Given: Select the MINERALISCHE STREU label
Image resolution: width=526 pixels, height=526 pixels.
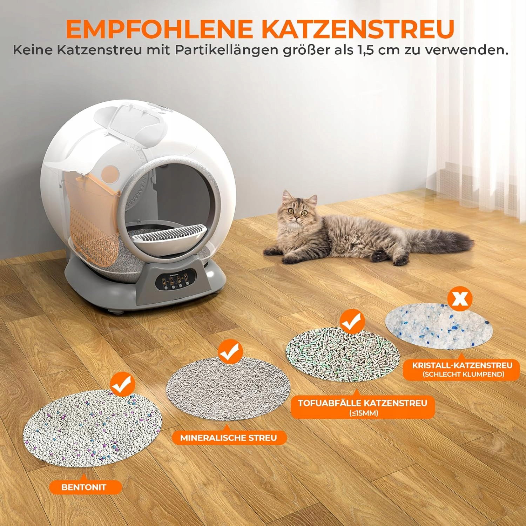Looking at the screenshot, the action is pyautogui.click(x=229, y=438).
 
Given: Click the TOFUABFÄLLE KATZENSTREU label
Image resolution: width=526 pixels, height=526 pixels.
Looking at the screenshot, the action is pyautogui.click(x=363, y=407).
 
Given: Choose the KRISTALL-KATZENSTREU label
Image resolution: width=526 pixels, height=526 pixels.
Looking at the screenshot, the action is pyautogui.click(x=461, y=369).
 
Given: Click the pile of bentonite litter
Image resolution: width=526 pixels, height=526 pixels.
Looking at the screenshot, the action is pyautogui.click(x=93, y=428).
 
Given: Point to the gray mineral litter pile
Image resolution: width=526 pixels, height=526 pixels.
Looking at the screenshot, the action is pyautogui.click(x=228, y=388).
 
